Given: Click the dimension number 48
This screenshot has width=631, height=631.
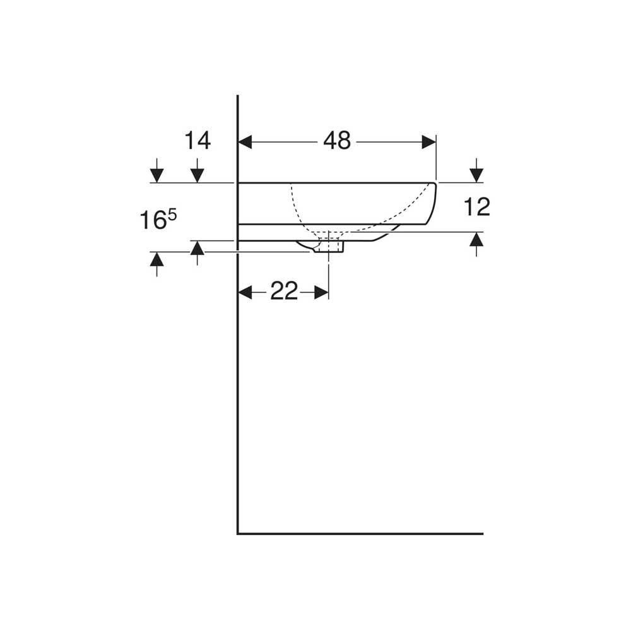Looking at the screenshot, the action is [337, 141].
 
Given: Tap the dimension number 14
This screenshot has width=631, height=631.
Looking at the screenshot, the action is [197, 141].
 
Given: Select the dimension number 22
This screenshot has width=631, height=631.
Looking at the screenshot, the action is [284, 291].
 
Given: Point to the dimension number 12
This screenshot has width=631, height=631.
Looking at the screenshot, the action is [477, 207].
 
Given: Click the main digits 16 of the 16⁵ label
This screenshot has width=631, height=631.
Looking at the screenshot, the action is [152, 221].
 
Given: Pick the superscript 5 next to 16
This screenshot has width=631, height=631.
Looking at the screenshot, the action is [172, 216].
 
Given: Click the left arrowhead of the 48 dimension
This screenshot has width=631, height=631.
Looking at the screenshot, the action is [245, 142].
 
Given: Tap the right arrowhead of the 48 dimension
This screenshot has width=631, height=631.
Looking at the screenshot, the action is [429, 142].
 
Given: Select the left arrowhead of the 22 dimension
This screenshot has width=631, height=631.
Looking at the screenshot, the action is [245, 293].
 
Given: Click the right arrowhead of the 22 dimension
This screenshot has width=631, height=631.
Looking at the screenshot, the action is [322, 293].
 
